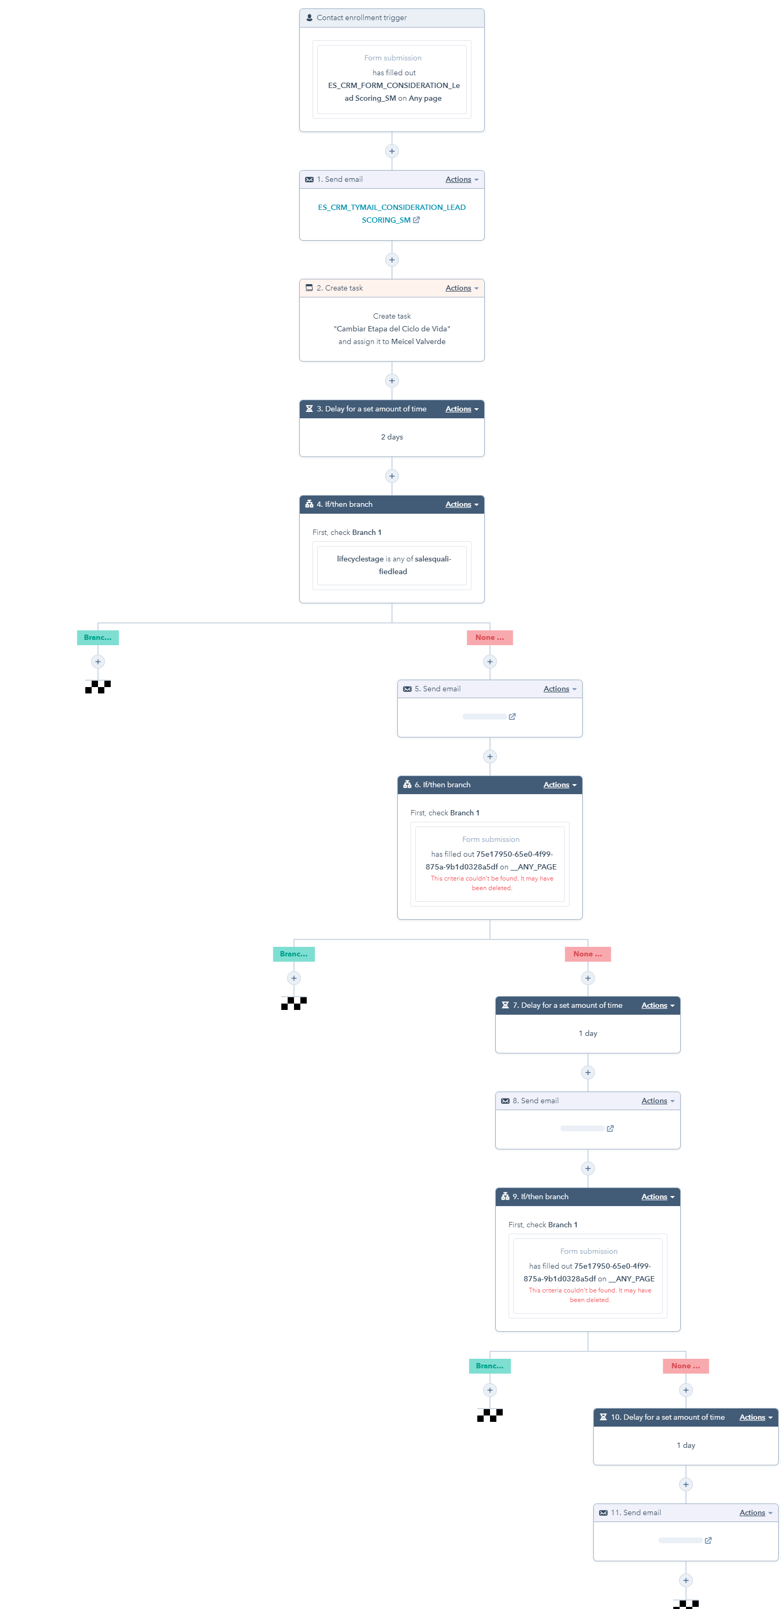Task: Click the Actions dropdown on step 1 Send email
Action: [461, 179]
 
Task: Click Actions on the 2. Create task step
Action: [461, 288]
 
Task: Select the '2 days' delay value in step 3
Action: [391, 437]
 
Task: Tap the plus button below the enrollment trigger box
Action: [391, 151]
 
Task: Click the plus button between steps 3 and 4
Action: [391, 476]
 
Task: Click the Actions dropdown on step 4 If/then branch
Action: [461, 504]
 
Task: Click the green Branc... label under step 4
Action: [98, 637]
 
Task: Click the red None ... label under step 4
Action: [489, 637]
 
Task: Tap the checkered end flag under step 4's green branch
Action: [98, 687]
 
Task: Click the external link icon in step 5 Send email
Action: [512, 716]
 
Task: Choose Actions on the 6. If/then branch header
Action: [559, 785]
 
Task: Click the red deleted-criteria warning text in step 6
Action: [491, 883]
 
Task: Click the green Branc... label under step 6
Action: [294, 954]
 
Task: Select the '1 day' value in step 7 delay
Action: [587, 1033]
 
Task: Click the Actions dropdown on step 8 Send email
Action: [657, 1101]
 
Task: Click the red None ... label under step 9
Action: [685, 1366]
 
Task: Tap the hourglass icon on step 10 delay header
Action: [603, 1417]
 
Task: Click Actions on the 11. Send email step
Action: [755, 1512]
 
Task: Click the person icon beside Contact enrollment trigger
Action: [309, 17]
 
